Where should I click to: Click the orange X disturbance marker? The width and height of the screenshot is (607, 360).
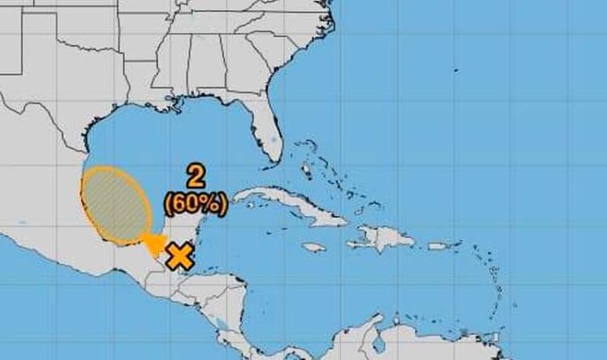[180, 257]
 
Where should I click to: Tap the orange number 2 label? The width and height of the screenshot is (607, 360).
[194, 176]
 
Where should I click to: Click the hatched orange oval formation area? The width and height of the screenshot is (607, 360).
[116, 205]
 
